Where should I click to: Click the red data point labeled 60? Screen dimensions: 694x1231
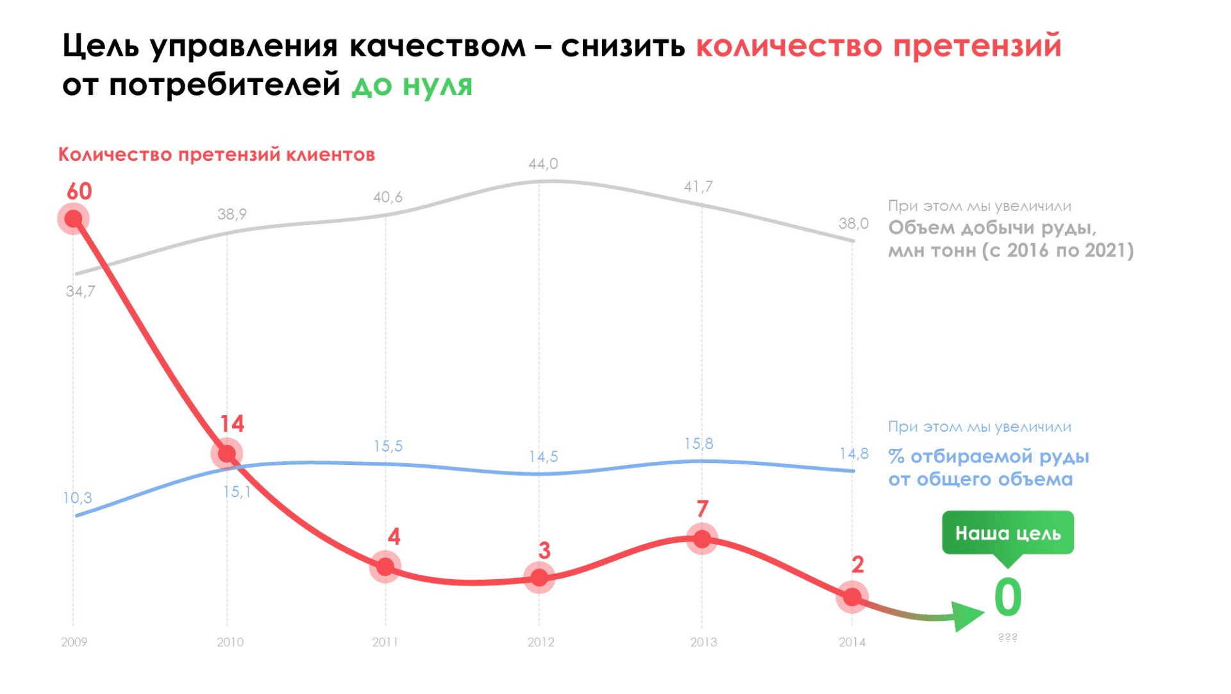click(x=74, y=219)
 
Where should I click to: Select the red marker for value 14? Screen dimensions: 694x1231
click(x=226, y=453)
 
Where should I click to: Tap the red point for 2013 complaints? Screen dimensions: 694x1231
click(x=702, y=539)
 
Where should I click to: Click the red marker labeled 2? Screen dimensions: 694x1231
click(x=852, y=597)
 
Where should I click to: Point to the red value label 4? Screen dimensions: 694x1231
click(x=394, y=536)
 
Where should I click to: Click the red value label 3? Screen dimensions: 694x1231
click(x=544, y=550)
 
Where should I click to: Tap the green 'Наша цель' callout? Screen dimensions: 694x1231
click(x=1007, y=533)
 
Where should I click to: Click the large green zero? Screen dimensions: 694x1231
click(x=1008, y=597)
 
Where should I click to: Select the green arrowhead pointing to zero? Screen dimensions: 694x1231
click(x=967, y=616)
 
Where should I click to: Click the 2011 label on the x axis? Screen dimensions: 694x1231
click(x=385, y=642)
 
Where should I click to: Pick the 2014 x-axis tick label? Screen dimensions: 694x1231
click(x=852, y=642)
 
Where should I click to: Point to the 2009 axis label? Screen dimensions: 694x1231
click(x=74, y=642)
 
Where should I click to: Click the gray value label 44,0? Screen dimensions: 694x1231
click(x=543, y=164)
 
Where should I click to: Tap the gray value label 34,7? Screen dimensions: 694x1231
click(x=80, y=291)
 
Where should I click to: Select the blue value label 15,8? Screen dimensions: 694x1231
click(x=698, y=444)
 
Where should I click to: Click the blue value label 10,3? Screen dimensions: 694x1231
click(x=77, y=498)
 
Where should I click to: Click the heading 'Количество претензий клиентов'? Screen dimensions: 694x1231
click(x=217, y=155)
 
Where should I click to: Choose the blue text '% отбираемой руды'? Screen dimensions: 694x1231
click(x=988, y=457)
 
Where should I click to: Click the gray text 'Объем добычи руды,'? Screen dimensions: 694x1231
click(x=992, y=228)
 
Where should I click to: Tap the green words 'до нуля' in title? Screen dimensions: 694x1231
click(x=412, y=85)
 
